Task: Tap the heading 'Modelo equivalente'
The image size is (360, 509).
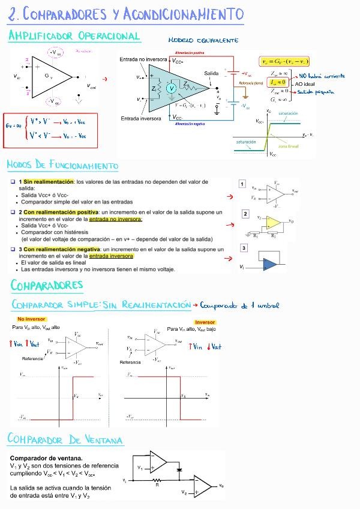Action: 203,40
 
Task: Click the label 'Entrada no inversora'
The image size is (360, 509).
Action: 143,59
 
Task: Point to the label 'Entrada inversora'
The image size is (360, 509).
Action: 141,118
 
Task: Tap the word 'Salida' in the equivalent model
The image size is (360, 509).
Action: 211,73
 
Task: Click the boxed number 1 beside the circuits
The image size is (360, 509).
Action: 242,184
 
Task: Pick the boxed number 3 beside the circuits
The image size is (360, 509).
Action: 244,248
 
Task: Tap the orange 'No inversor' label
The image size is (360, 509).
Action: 29,319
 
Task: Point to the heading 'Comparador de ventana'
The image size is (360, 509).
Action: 65,439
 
